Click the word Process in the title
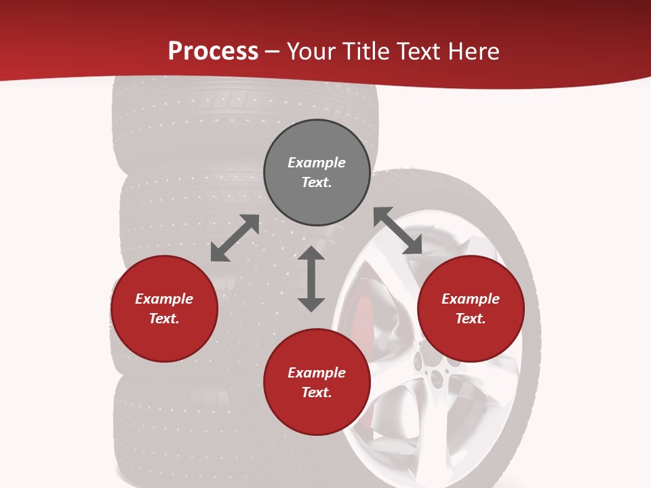[213, 52]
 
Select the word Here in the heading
[474, 52]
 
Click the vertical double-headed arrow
[311, 279]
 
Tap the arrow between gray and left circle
[235, 238]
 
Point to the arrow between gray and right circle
[398, 231]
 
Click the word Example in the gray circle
[317, 163]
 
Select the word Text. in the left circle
[164, 319]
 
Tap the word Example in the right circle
[471, 299]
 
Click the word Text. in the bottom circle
[317, 392]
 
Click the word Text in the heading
[420, 52]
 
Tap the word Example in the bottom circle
[317, 373]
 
